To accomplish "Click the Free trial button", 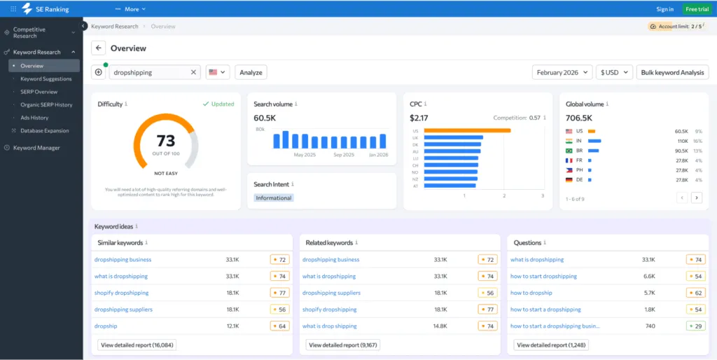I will click(x=697, y=9).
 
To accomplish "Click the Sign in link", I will click(x=664, y=9).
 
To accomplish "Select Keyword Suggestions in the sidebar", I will click(x=46, y=79).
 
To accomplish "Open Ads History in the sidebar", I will click(x=34, y=118).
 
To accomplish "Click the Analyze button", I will click(x=251, y=72).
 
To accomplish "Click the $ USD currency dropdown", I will click(x=615, y=72).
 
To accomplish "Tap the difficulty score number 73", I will click(x=166, y=141).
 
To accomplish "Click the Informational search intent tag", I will click(x=274, y=198).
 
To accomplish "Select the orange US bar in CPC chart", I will click(x=467, y=130).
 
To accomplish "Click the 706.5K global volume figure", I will click(x=579, y=118).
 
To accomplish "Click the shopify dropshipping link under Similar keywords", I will click(x=122, y=293).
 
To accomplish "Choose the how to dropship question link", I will click(x=531, y=293).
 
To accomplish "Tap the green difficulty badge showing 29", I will click(x=695, y=326).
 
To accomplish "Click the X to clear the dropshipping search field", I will click(x=193, y=72).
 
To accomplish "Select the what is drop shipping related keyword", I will click(x=329, y=326).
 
